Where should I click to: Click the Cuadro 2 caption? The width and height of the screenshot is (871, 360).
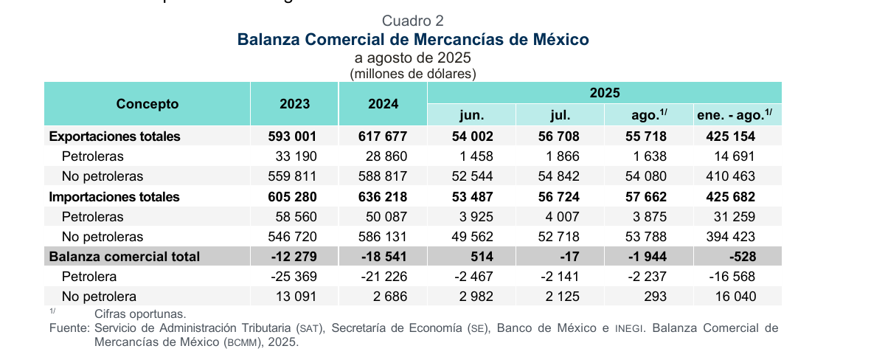413,21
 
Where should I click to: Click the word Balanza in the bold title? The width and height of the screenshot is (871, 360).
268,39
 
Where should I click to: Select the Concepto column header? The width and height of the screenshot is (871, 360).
148,104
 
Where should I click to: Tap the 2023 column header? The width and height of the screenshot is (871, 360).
294,104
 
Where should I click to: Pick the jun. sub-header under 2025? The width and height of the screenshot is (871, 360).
471,115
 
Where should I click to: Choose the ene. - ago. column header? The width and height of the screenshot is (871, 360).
736,115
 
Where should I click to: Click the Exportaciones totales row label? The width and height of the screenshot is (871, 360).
114,136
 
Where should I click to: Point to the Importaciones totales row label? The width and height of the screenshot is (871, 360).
114,197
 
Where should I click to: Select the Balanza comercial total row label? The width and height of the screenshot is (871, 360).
124,257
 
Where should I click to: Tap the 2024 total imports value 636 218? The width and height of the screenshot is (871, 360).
383,197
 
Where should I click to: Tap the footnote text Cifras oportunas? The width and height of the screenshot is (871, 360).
140,314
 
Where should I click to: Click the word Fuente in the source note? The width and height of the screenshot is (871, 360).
69,328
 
